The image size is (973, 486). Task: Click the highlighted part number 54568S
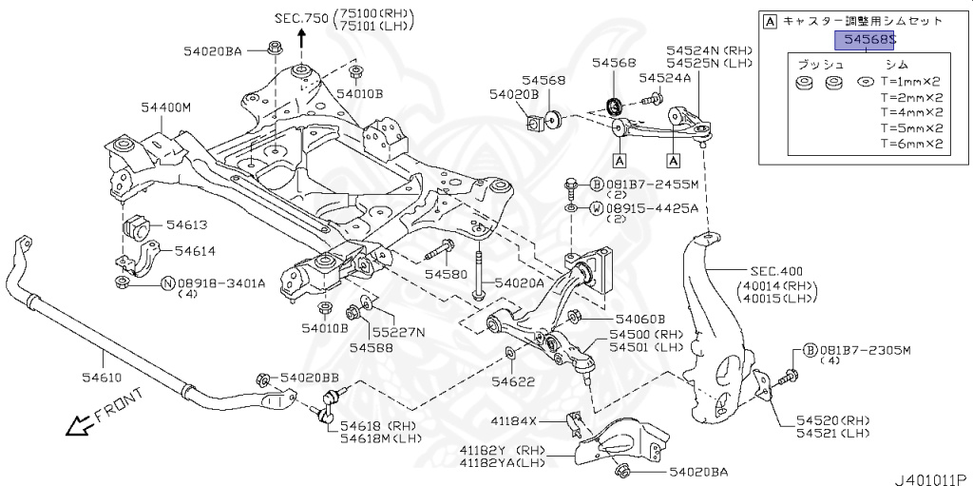[865, 39]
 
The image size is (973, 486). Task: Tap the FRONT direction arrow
[76, 424]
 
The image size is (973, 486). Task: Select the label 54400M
[166, 107]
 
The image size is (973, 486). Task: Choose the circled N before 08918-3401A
[167, 282]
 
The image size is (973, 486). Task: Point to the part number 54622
[513, 382]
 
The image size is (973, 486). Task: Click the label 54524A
[665, 78]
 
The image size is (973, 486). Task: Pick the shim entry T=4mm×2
[910, 112]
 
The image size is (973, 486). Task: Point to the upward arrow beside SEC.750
[302, 36]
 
